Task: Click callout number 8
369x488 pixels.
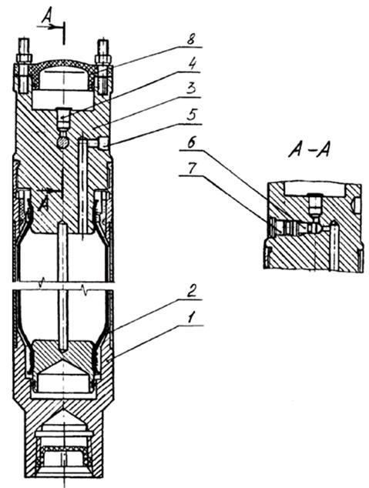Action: tap(192, 40)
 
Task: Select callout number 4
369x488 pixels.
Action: tap(192, 65)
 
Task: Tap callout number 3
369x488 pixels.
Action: tap(192, 90)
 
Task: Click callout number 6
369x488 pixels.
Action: tap(192, 144)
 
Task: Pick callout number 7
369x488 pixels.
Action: tap(192, 169)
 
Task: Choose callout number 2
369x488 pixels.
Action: tap(193, 292)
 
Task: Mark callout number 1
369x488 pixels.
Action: tap(192, 319)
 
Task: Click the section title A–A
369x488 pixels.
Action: tap(309, 151)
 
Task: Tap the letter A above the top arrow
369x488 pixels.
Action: tap(47, 15)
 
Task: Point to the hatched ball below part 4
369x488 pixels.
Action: tap(63, 142)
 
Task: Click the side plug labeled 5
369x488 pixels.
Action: tap(103, 144)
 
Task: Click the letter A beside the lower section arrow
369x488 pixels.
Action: tap(43, 204)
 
